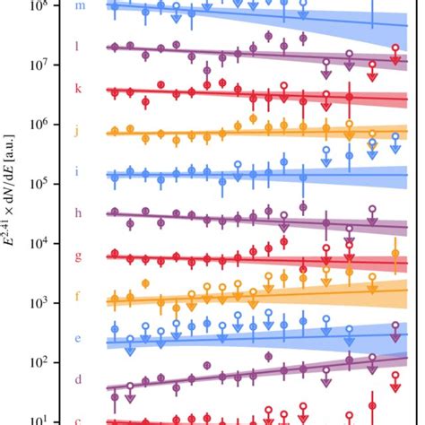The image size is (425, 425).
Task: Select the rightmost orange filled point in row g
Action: pyautogui.click(x=395, y=255)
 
